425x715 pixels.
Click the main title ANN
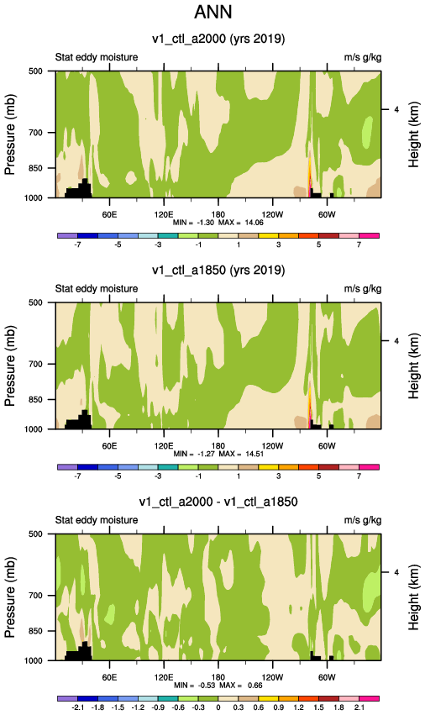click(213, 12)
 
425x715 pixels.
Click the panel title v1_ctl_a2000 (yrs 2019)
click(218, 39)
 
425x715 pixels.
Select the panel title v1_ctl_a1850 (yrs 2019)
click(218, 270)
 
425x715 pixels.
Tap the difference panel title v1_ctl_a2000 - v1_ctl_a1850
click(218, 502)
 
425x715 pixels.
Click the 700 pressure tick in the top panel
click(35, 133)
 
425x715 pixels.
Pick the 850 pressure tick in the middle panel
click(35, 399)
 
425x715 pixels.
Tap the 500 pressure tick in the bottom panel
click(35, 534)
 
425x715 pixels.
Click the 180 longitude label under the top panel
click(218, 214)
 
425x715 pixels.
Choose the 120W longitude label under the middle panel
click(272, 445)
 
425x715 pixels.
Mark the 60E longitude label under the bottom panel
click(109, 677)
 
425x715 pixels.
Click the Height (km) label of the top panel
click(413, 134)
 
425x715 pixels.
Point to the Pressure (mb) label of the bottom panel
click(10, 597)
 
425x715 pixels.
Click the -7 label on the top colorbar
click(77, 244)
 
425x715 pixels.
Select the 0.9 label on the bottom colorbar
click(278, 707)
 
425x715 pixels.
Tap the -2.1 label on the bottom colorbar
click(77, 707)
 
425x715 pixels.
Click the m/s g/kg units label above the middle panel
click(363, 289)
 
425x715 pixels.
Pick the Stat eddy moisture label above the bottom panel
click(97, 520)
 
